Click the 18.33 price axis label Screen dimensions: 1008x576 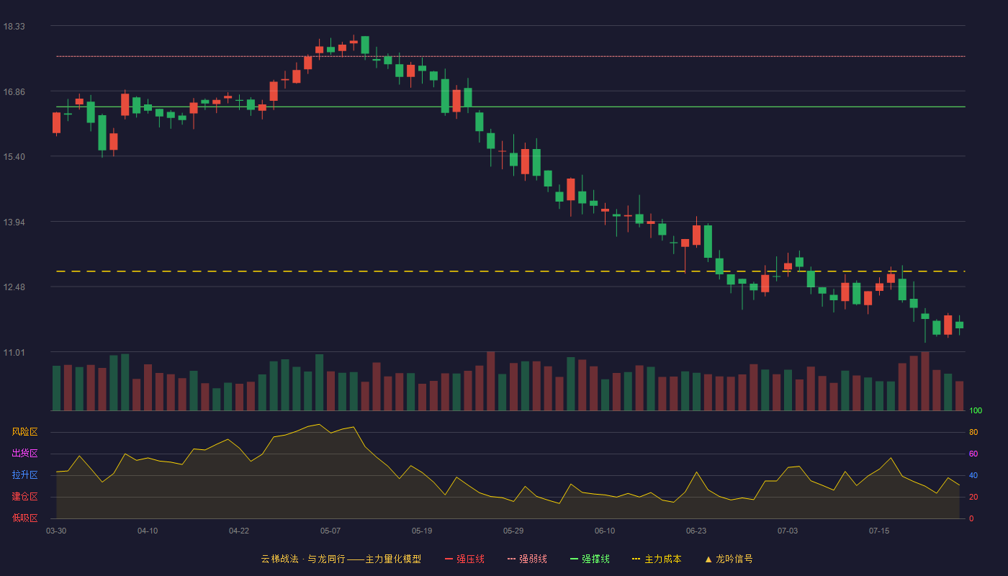[x=14, y=27]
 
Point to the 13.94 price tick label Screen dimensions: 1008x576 [x=14, y=222]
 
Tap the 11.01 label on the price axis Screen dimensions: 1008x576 [x=14, y=353]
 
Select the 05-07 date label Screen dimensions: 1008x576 [x=330, y=531]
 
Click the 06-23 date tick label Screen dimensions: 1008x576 [x=696, y=531]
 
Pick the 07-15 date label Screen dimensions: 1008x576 [x=879, y=531]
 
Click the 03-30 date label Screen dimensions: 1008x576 [x=56, y=531]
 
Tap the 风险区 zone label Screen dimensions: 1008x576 [x=24, y=432]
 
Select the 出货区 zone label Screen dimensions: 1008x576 [x=24, y=453]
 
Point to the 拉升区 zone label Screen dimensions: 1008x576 [x=24, y=474]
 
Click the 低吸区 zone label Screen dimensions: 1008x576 [x=24, y=518]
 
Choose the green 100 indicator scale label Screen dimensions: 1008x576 [x=976, y=410]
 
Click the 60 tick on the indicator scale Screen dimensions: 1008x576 [x=973, y=454]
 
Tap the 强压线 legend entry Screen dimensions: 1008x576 [x=464, y=559]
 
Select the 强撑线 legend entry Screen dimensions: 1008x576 [x=590, y=559]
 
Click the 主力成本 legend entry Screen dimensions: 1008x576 [x=657, y=559]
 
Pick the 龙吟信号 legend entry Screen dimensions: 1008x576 [x=729, y=559]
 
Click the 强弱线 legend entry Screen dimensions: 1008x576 [x=527, y=559]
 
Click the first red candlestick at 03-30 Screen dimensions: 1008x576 [x=56, y=123]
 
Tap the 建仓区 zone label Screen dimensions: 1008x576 [x=24, y=496]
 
